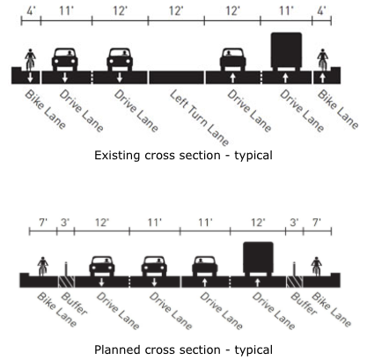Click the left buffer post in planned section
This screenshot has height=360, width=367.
pyautogui.click(x=65, y=266)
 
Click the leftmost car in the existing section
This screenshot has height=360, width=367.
pyautogui.click(x=68, y=59)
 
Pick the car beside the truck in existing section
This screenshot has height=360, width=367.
pyautogui.click(x=231, y=59)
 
